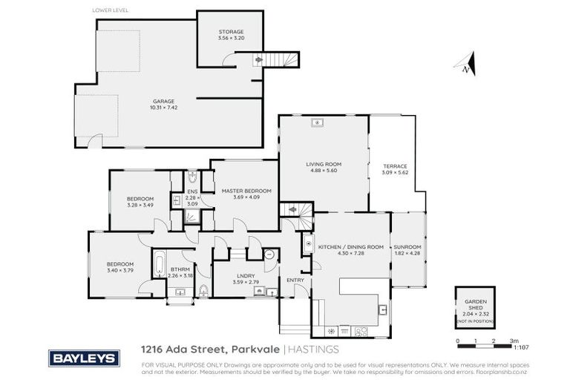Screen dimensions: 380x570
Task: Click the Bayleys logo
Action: [84, 358]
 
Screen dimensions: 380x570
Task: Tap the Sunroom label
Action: [407, 247]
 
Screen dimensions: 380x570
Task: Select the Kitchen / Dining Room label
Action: [350, 246]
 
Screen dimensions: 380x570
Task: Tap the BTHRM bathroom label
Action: [181, 270]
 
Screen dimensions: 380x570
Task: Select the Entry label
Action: [295, 280]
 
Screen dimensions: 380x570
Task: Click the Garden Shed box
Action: [470, 307]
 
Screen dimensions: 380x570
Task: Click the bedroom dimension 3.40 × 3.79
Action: [119, 270]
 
